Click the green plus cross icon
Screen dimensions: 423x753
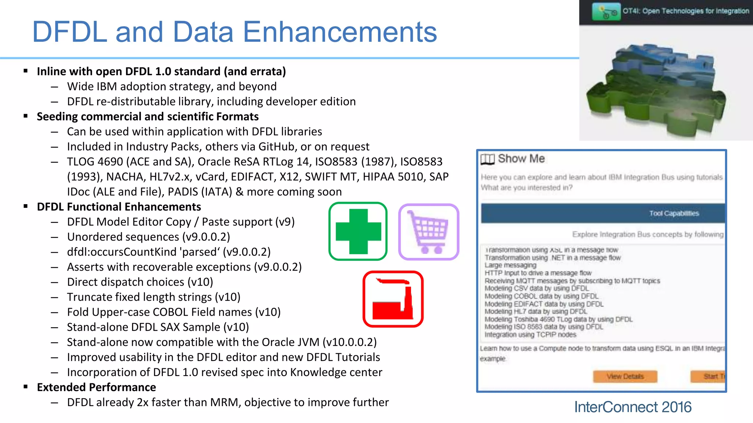coord(358,231)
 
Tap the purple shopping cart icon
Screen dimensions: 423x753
coord(429,232)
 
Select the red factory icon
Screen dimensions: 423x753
coord(393,299)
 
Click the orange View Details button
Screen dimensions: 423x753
coord(625,376)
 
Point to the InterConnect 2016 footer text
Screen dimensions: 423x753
coord(633,407)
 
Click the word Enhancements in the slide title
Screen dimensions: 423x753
coord(340,32)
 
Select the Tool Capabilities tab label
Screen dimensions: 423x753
coord(674,213)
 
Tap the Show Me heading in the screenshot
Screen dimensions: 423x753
coord(521,159)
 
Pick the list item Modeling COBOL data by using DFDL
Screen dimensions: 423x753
coord(541,296)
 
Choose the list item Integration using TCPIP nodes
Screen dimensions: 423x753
coord(530,335)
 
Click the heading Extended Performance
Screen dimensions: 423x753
coord(96,387)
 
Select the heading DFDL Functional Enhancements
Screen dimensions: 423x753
coord(119,207)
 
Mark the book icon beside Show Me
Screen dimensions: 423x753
coord(488,159)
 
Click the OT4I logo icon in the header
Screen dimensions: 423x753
coord(606,11)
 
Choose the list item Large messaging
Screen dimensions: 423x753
coord(510,265)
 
